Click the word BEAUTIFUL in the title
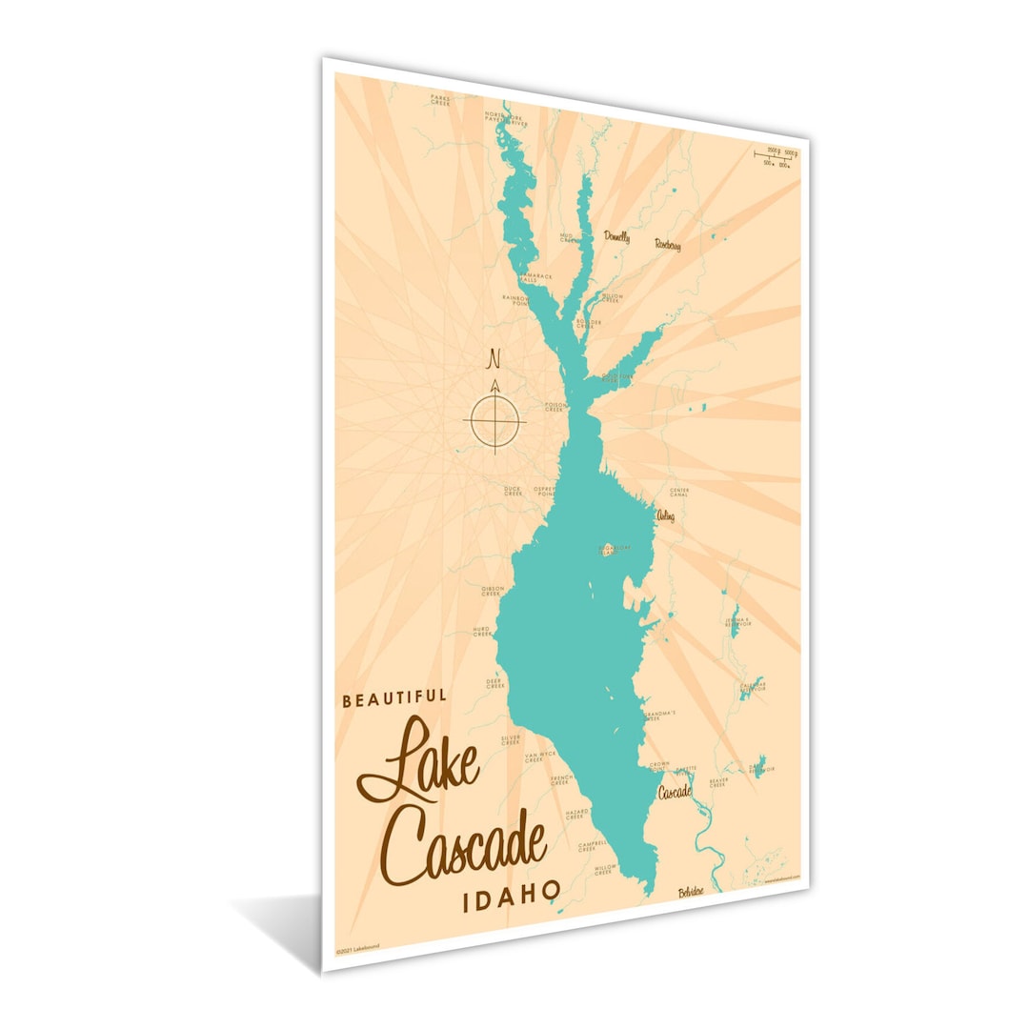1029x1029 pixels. [394, 698]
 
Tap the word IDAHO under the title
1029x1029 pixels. [511, 898]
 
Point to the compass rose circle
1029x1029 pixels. [494, 419]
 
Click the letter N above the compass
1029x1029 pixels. [494, 360]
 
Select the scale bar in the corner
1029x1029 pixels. [775, 156]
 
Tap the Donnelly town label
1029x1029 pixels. [615, 237]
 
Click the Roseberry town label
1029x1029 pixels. [667, 245]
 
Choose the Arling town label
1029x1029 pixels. [665, 515]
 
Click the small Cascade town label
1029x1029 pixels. [674, 791]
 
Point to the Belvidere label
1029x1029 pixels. [691, 893]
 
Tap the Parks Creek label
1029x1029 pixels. [439, 99]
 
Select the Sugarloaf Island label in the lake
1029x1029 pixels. [615, 548]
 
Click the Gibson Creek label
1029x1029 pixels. [492, 591]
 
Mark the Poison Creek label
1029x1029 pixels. [555, 406]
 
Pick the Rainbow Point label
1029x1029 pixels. [515, 300]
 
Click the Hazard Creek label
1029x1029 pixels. [576, 815]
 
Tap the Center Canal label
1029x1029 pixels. [679, 492]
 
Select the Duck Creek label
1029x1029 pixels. [513, 492]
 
